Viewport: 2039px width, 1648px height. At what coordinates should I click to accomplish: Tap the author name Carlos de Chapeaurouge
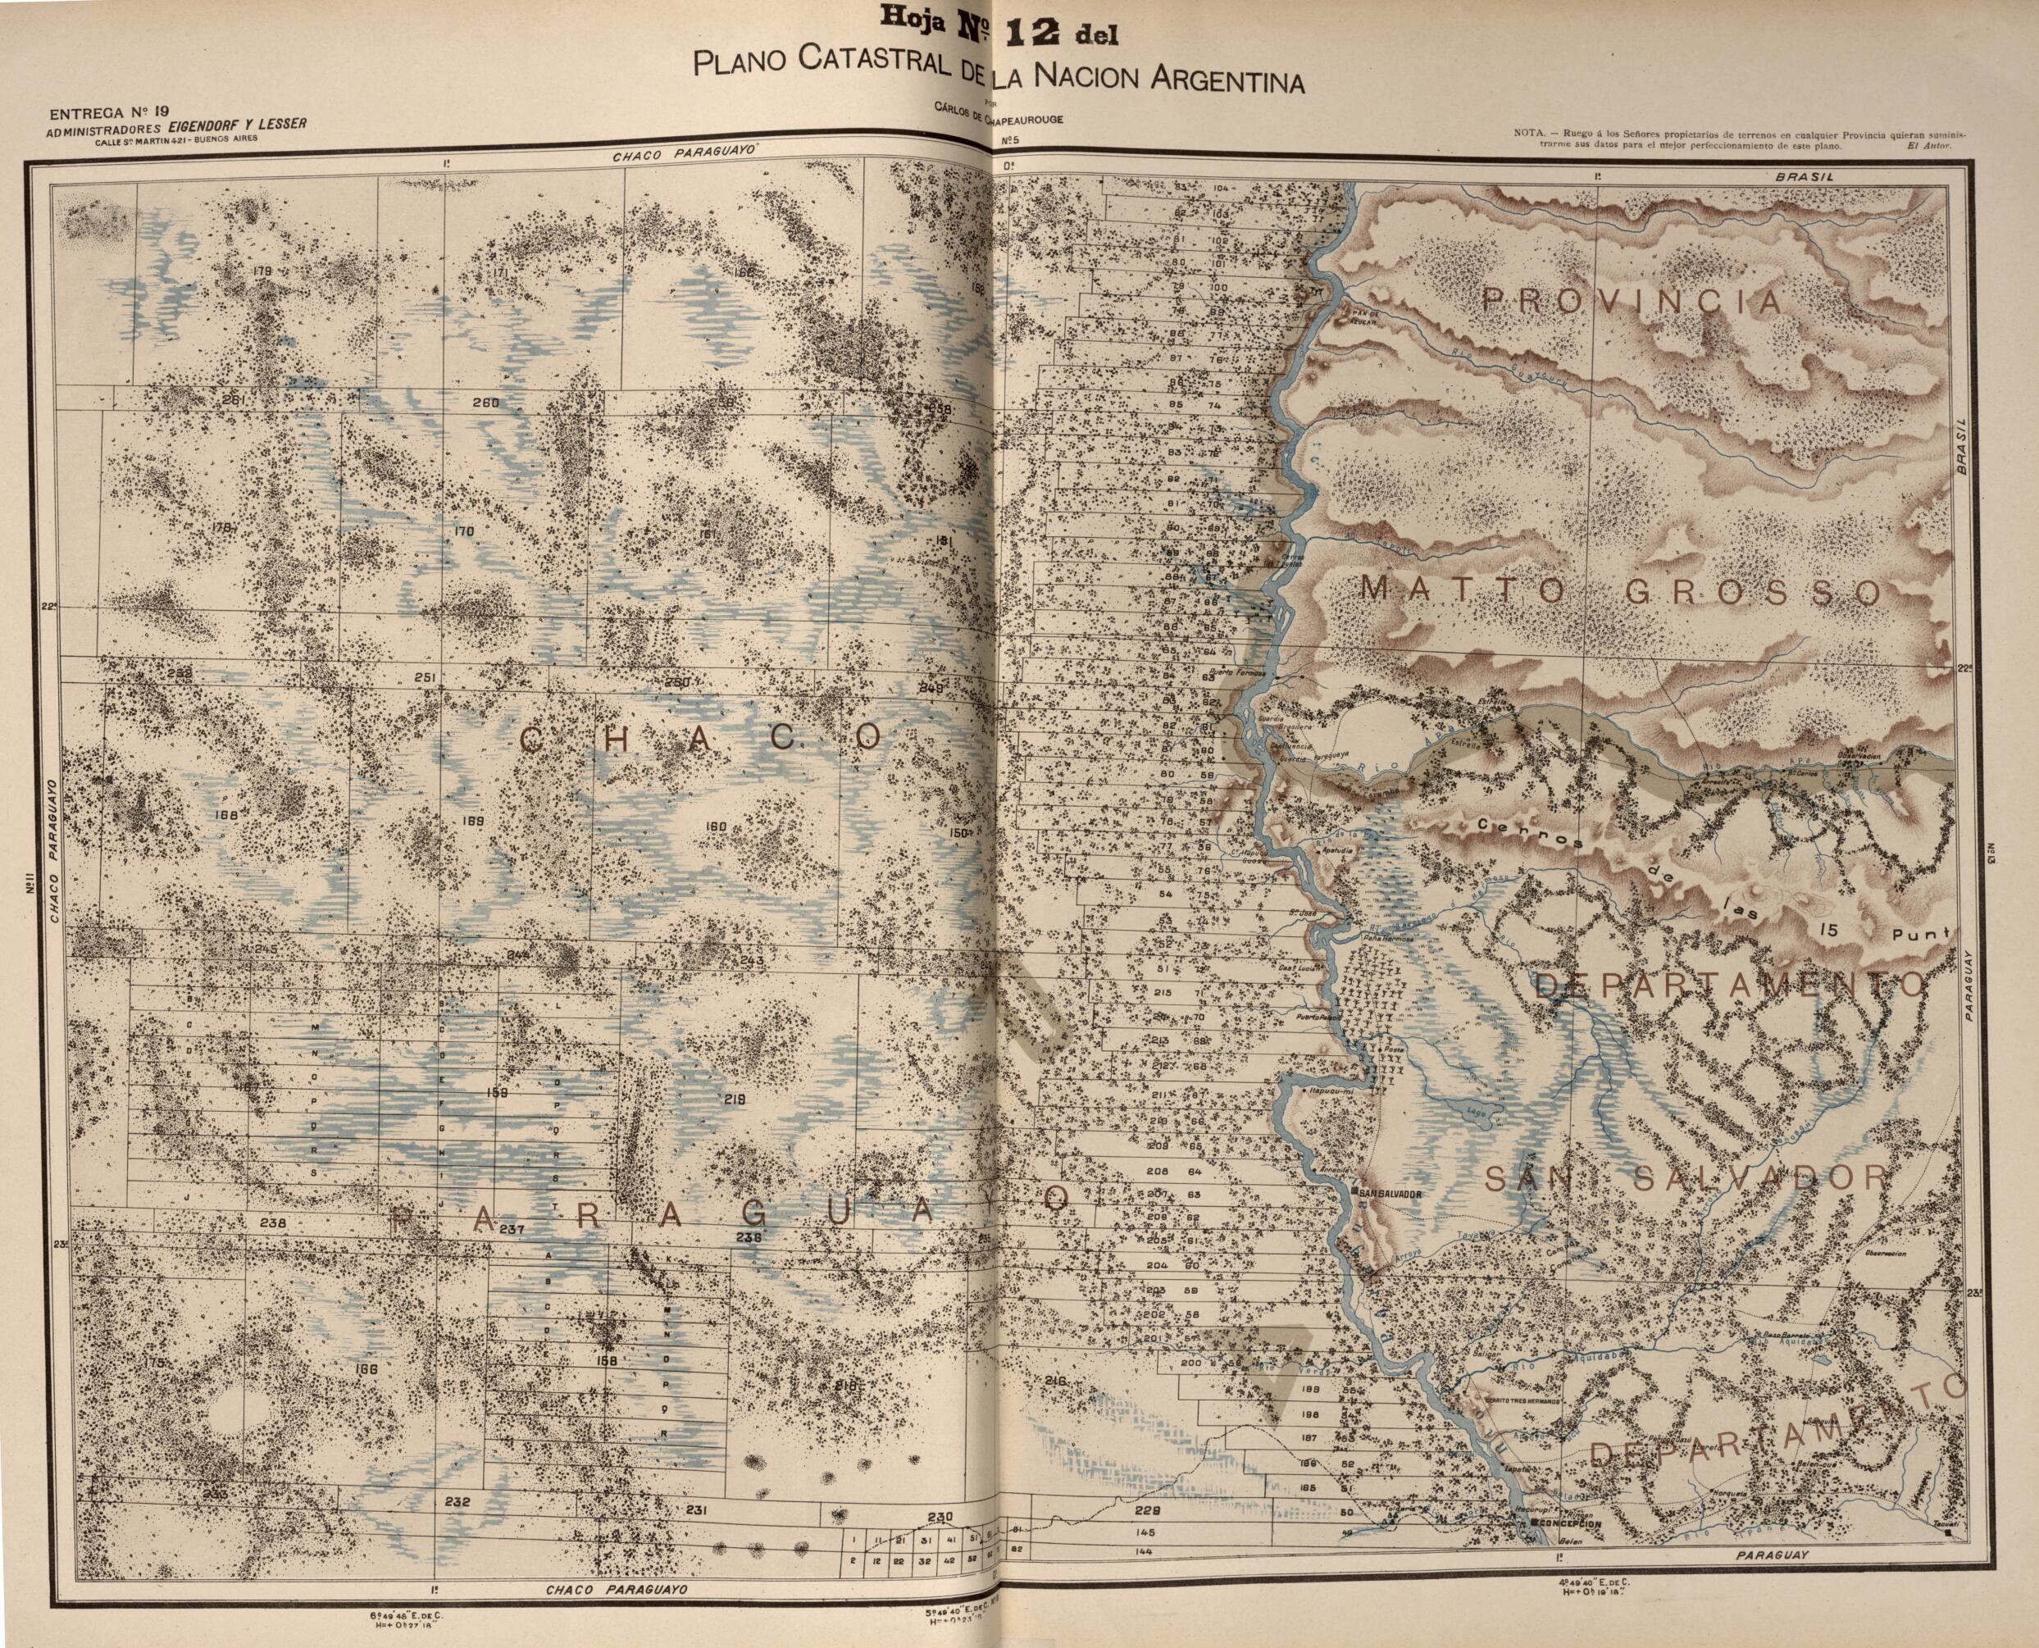(998, 120)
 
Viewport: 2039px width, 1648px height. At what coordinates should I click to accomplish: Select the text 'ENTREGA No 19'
(115, 113)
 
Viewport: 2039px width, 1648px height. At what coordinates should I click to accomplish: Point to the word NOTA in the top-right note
(1530, 133)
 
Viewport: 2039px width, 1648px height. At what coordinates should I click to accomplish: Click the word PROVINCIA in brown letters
(1632, 302)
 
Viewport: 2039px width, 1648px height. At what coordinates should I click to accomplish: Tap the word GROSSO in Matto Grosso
(1752, 592)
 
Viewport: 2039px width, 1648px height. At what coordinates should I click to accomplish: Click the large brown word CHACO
(703, 739)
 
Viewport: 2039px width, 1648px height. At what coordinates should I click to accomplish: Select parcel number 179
(263, 271)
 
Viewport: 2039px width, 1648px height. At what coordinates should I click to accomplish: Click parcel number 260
(485, 403)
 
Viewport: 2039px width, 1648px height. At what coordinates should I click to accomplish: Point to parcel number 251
(426, 677)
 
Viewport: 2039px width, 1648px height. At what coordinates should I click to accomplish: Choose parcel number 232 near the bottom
(457, 1502)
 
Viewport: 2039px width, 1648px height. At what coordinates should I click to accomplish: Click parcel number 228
(1148, 1511)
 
